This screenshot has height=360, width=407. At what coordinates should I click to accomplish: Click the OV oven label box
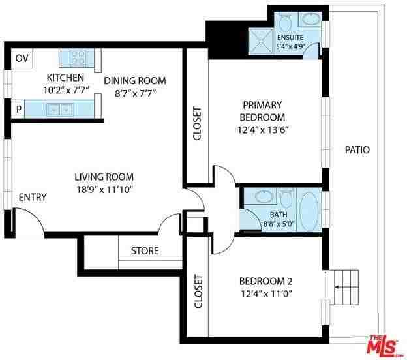pos(22,59)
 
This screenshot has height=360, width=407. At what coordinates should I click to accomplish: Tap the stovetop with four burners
pos(78,58)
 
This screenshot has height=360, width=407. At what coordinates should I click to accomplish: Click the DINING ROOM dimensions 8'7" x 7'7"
pos(135,93)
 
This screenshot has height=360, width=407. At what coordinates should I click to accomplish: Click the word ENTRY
pos(32,197)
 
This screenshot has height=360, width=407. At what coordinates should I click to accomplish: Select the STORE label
pos(145,251)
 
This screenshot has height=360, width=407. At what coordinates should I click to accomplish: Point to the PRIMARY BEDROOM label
pos(263,111)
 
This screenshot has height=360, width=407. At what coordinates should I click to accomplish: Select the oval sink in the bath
pos(265,196)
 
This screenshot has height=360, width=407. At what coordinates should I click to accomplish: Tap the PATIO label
pos(357,150)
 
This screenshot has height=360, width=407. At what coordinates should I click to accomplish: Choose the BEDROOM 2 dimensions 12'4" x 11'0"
pos(265,293)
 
